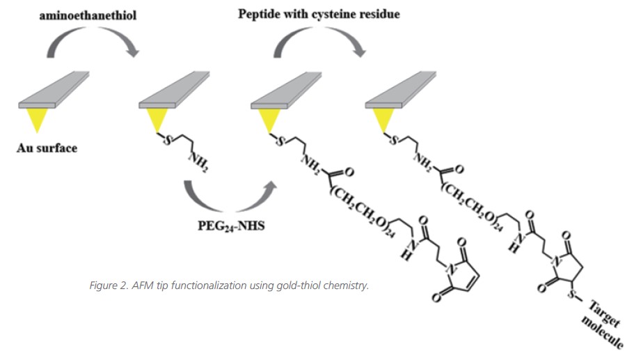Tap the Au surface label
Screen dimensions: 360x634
(x=47, y=148)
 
